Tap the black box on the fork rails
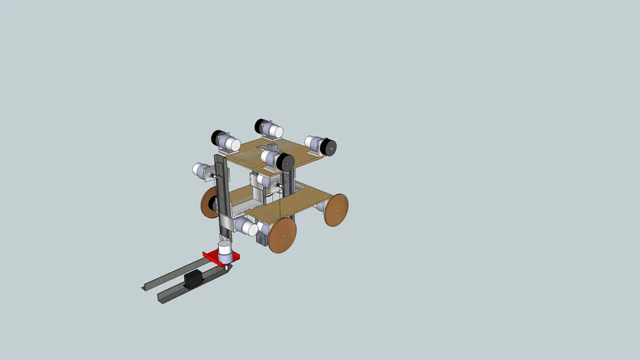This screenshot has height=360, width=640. [x=191, y=280]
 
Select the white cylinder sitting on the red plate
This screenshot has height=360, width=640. [x=225, y=252]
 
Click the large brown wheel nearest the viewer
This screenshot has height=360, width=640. [x=281, y=235]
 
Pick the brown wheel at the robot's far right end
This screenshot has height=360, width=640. [x=336, y=210]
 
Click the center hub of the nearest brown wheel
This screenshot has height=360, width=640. [x=282, y=236]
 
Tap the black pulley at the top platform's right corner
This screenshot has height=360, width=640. [x=328, y=147]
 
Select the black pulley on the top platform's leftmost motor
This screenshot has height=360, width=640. [x=217, y=137]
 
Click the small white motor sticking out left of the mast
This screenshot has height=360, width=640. [x=202, y=169]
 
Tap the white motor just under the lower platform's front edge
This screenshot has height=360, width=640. [x=246, y=226]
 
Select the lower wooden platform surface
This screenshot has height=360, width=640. [x=295, y=200]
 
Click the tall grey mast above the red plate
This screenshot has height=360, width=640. [x=222, y=197]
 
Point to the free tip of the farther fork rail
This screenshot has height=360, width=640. [x=145, y=287]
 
